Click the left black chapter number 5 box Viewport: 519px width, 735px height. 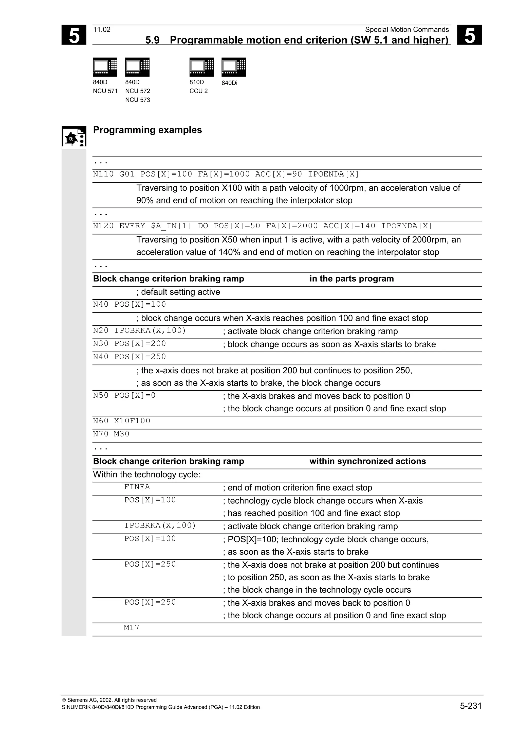pyautogui.click(x=74, y=35)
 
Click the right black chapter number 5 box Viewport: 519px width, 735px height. pyautogui.click(x=469, y=35)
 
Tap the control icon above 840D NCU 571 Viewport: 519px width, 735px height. pyautogui.click(x=105, y=67)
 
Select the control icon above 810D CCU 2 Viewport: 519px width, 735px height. pyautogui.click(x=201, y=67)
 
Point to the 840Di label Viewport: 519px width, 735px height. pyautogui.click(x=229, y=83)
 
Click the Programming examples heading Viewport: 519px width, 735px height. pyautogui.click(x=147, y=130)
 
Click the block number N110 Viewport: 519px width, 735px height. pyautogui.click(x=103, y=174)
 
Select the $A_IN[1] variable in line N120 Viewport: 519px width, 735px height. pyautogui.click(x=171, y=226)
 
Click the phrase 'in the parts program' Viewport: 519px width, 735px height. pyautogui.click(x=351, y=279)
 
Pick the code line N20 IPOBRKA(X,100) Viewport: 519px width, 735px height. pyautogui.click(x=139, y=331)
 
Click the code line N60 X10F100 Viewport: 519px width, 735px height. pyautogui.click(x=122, y=421)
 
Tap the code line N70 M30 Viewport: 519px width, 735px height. pyautogui.click(x=111, y=434)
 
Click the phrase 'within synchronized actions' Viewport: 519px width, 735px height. pyautogui.click(x=367, y=461)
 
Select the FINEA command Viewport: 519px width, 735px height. pyautogui.click(x=137, y=487)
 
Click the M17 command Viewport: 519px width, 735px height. pyautogui.click(x=132, y=628)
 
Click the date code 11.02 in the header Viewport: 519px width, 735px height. pyautogui.click(x=102, y=30)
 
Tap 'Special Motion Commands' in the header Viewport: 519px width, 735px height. pyautogui.click(x=407, y=30)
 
